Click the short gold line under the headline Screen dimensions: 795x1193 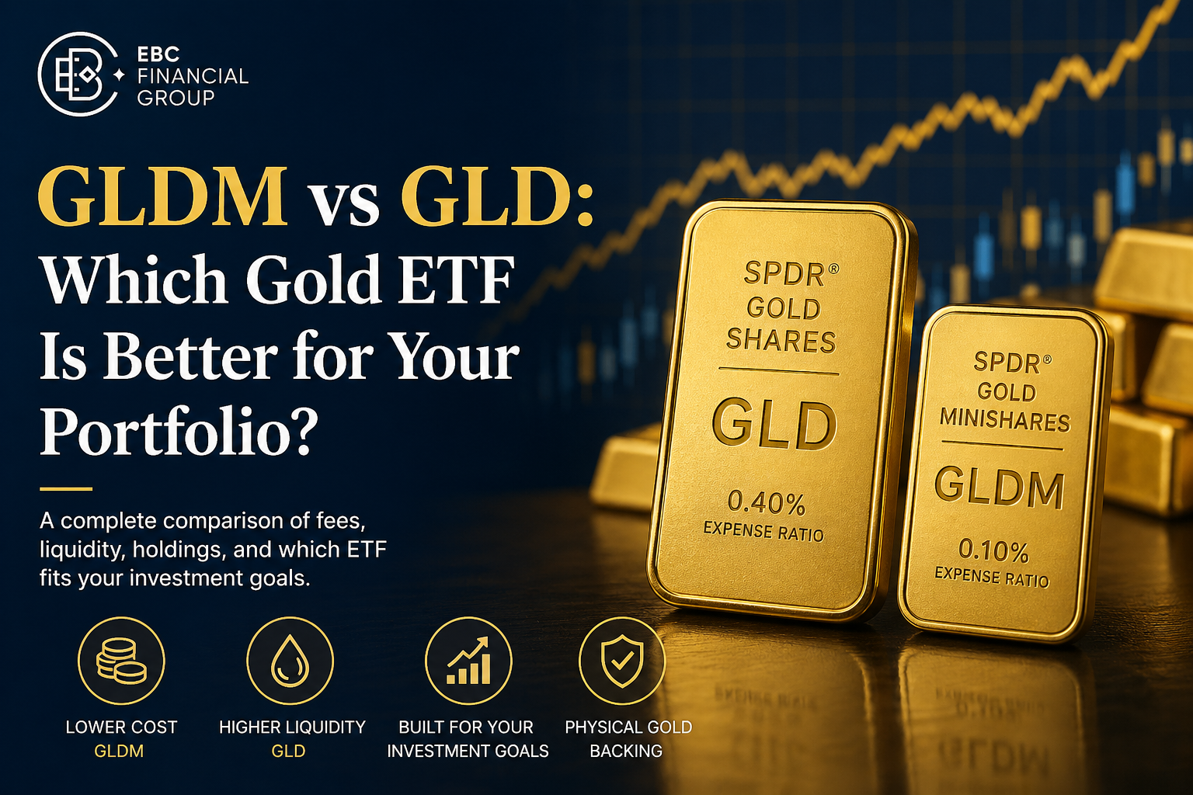66,489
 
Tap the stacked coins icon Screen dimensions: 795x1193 121,660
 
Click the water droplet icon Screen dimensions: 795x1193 290,660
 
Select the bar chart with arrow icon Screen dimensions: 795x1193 468,660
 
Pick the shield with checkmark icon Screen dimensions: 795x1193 622,660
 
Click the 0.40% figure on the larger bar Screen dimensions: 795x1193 767,503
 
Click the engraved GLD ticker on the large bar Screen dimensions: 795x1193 774,425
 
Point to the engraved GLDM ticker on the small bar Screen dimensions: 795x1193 999,488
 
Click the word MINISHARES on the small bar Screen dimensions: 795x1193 1004,420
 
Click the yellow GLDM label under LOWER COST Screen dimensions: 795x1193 119,751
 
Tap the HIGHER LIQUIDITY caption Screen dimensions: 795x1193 292,727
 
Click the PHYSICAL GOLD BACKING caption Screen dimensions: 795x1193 628,738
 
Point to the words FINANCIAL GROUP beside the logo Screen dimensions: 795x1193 192,87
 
